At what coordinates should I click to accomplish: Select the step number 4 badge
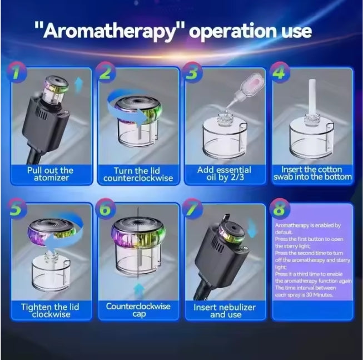pyautogui.click(x=280, y=72)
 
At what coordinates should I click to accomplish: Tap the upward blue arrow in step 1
pyautogui.click(x=79, y=85)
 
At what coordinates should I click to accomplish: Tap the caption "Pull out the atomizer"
pyautogui.click(x=51, y=174)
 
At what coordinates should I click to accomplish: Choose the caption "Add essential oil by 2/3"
pyautogui.click(x=224, y=174)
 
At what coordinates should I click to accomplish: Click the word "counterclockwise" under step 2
pyautogui.click(x=138, y=178)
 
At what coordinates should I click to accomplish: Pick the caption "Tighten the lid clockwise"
pyautogui.click(x=50, y=310)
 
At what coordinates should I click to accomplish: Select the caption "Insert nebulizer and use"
pyautogui.click(x=225, y=311)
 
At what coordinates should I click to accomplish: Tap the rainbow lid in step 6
pyautogui.click(x=138, y=233)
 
